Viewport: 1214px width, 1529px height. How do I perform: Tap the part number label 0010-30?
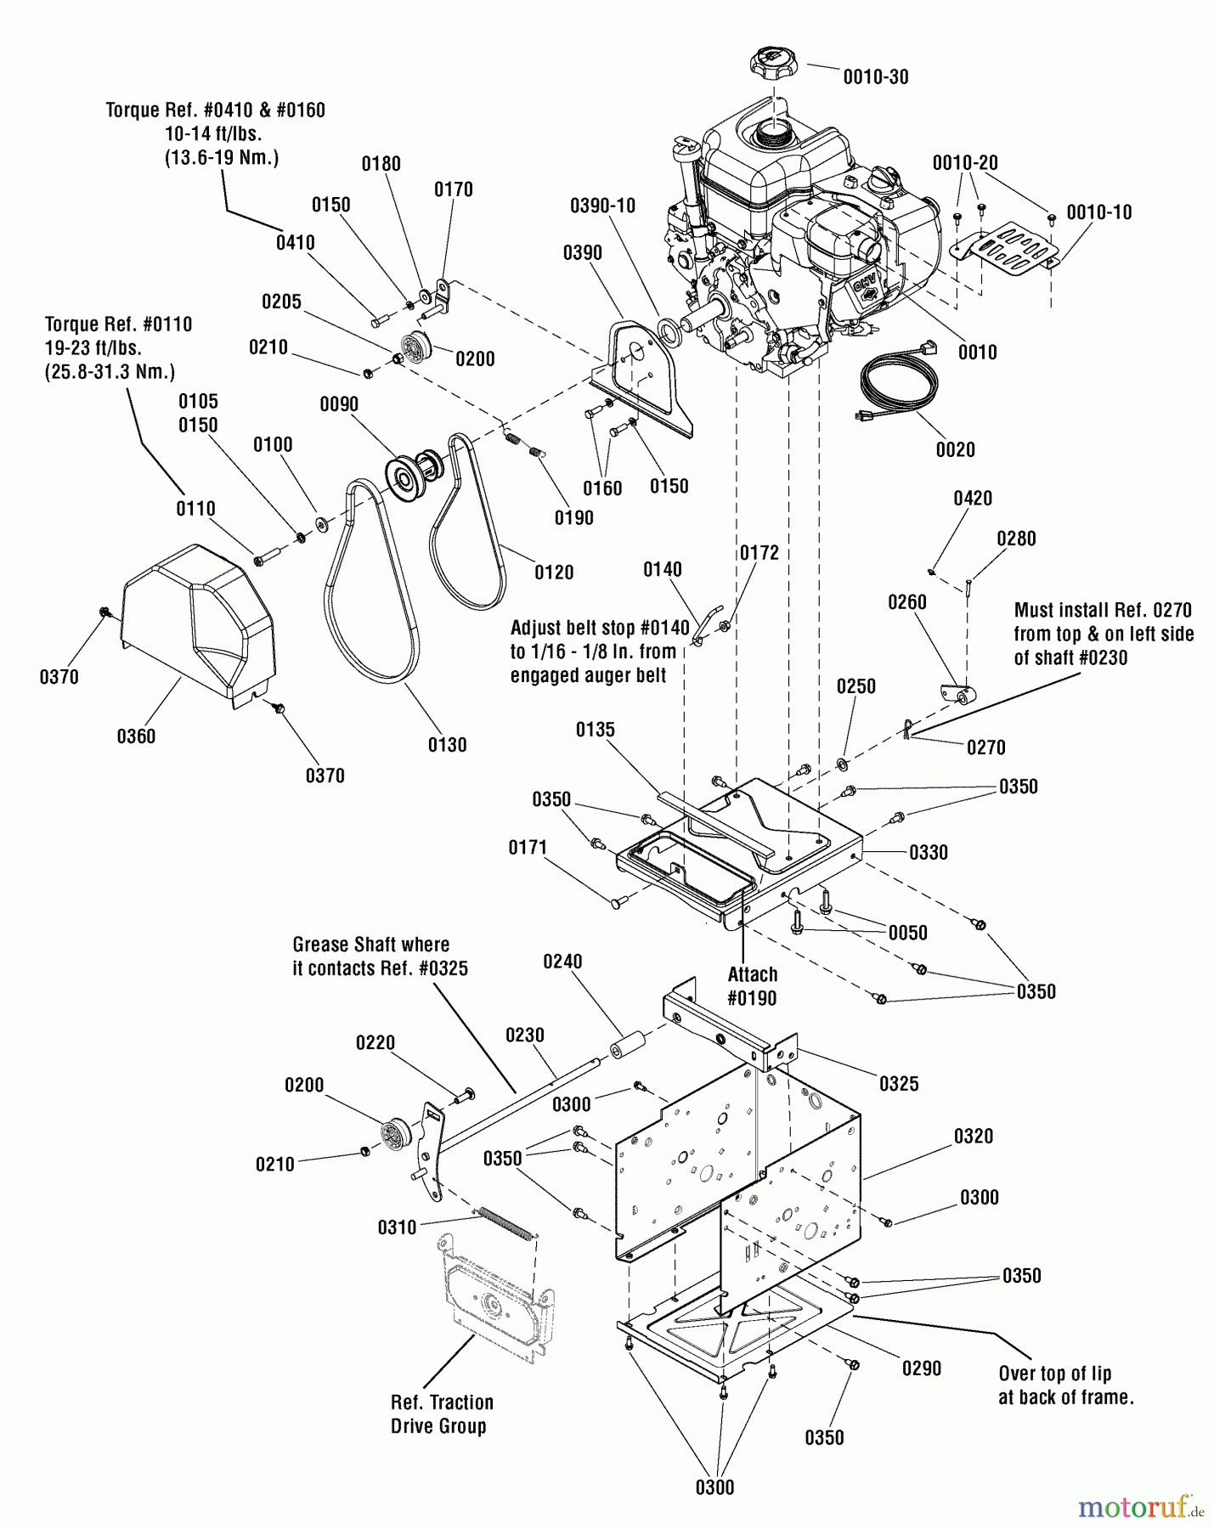click(875, 77)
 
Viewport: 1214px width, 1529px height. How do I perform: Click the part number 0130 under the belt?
click(447, 745)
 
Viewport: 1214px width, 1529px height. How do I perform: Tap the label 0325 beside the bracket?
click(899, 1084)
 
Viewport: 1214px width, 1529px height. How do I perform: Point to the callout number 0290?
click(921, 1368)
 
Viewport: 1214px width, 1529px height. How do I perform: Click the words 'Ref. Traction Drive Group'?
click(442, 1414)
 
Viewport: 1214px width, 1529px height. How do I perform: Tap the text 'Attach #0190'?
click(752, 986)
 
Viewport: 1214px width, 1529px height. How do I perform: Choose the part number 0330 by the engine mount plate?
click(928, 852)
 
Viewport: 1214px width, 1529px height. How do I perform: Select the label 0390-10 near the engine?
click(602, 206)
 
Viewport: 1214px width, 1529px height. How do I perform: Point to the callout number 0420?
click(972, 499)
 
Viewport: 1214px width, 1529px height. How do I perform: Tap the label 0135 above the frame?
click(595, 730)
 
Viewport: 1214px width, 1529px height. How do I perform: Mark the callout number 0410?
click(295, 243)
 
